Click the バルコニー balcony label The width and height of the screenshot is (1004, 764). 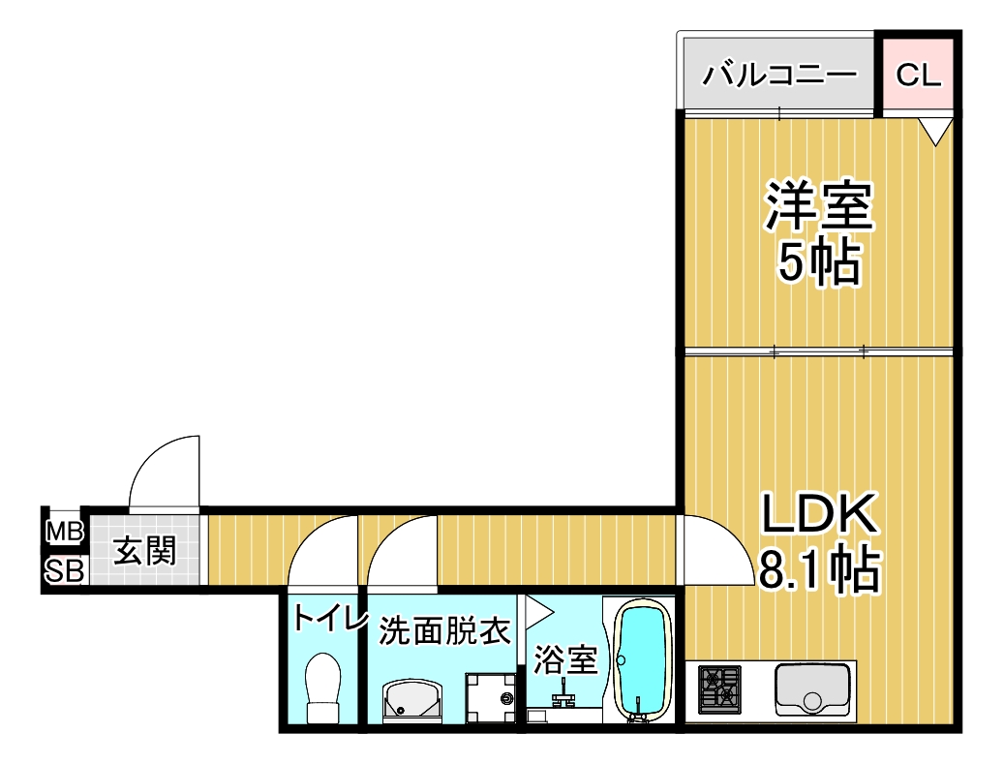(779, 75)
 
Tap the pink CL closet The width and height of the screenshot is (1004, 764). (918, 75)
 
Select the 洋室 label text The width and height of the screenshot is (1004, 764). (819, 206)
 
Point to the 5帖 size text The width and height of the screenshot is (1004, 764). (819, 262)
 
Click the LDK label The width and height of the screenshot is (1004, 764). (819, 513)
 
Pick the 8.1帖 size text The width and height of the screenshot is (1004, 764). (820, 570)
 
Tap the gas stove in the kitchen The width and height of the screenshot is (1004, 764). (719, 689)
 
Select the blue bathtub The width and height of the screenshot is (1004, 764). (641, 662)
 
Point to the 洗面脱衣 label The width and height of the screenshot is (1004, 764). (444, 630)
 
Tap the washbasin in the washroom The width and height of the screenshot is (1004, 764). (412, 701)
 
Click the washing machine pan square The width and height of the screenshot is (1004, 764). (491, 697)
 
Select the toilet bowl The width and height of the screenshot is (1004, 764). (323, 688)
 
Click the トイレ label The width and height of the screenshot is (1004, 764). (330, 619)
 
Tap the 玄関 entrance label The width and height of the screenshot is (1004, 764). (144, 551)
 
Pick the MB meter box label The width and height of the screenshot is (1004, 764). (65, 531)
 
